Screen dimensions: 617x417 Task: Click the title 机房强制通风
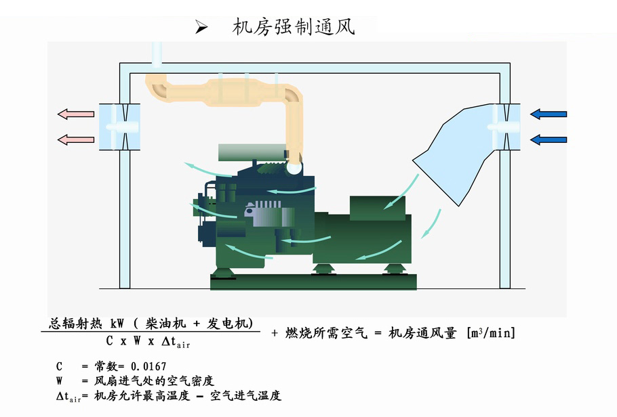tap(294, 26)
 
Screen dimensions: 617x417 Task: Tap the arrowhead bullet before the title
tap(201, 27)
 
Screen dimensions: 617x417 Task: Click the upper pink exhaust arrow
tap(76, 114)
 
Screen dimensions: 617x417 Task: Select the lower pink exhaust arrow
tap(76, 139)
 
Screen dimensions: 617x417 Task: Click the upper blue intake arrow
tap(549, 114)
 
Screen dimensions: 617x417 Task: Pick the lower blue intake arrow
tap(549, 139)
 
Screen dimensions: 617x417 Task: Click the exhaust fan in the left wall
tap(119, 127)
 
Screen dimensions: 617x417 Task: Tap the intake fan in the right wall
tap(505, 127)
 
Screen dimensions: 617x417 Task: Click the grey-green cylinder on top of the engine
tap(252, 152)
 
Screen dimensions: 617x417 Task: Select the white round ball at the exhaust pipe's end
tap(294, 168)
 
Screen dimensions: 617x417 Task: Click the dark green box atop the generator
tap(378, 208)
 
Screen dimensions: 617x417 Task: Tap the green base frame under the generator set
tap(314, 282)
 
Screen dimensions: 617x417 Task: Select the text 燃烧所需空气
tap(326, 333)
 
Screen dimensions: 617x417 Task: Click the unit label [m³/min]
tap(491, 333)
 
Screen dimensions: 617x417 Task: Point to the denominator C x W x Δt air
tap(148, 342)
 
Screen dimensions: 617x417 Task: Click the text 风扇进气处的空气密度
tap(154, 380)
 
